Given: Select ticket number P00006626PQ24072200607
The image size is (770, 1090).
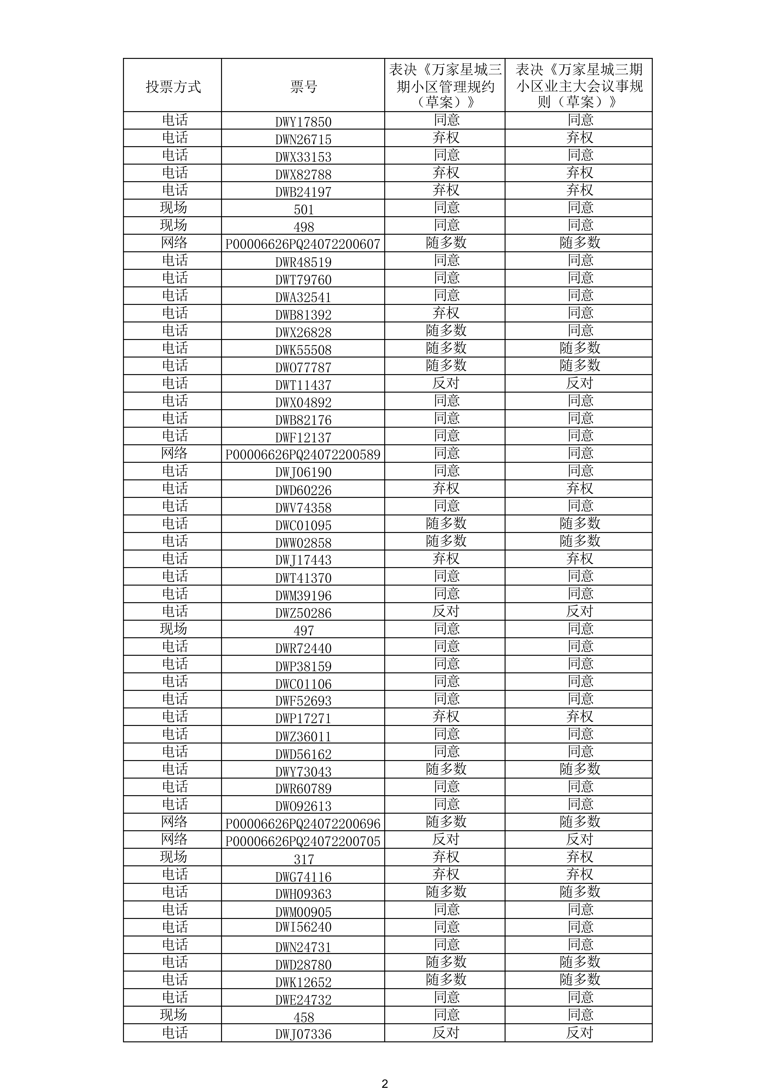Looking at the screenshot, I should pyautogui.click(x=303, y=244).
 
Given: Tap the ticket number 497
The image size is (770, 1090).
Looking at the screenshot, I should pyautogui.click(x=304, y=630).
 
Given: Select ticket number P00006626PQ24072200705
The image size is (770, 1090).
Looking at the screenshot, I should pyautogui.click(x=303, y=841).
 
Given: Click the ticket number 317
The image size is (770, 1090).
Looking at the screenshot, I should pyautogui.click(x=304, y=859).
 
